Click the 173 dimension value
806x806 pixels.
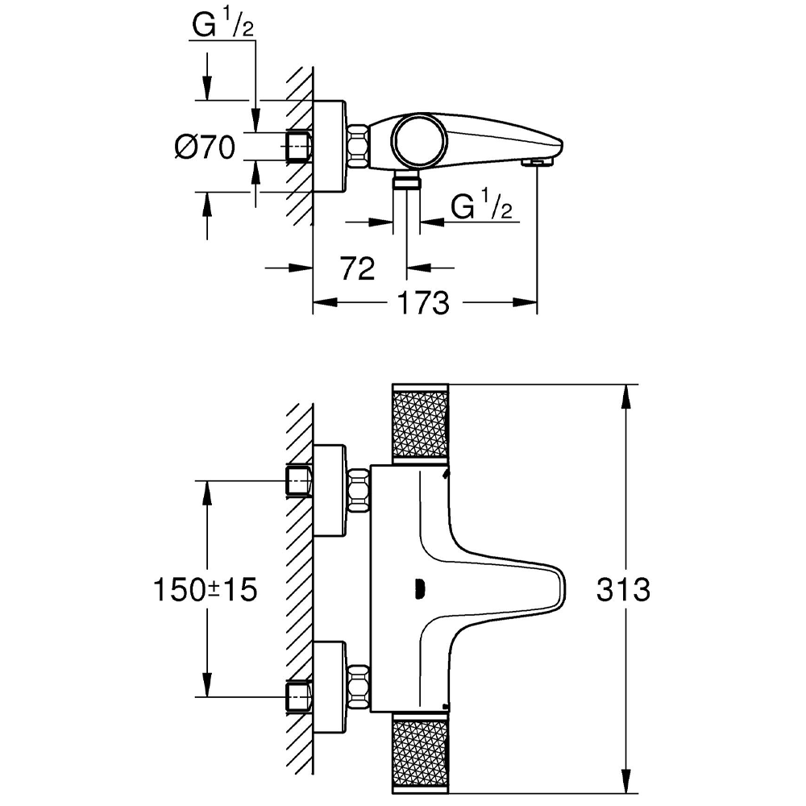tap(422, 303)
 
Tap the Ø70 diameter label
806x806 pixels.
tap(205, 147)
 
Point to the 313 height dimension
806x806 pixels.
tap(623, 590)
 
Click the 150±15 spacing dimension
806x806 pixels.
tap(205, 590)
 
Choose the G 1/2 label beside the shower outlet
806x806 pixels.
tap(481, 207)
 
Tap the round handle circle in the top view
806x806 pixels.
tap(418, 140)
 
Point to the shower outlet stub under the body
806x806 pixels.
tap(407, 180)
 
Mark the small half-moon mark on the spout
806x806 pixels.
tap(418, 590)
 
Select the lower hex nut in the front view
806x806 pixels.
tap(358, 683)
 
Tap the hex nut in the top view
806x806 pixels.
tap(358, 147)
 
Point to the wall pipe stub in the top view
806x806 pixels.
tap(298, 147)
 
